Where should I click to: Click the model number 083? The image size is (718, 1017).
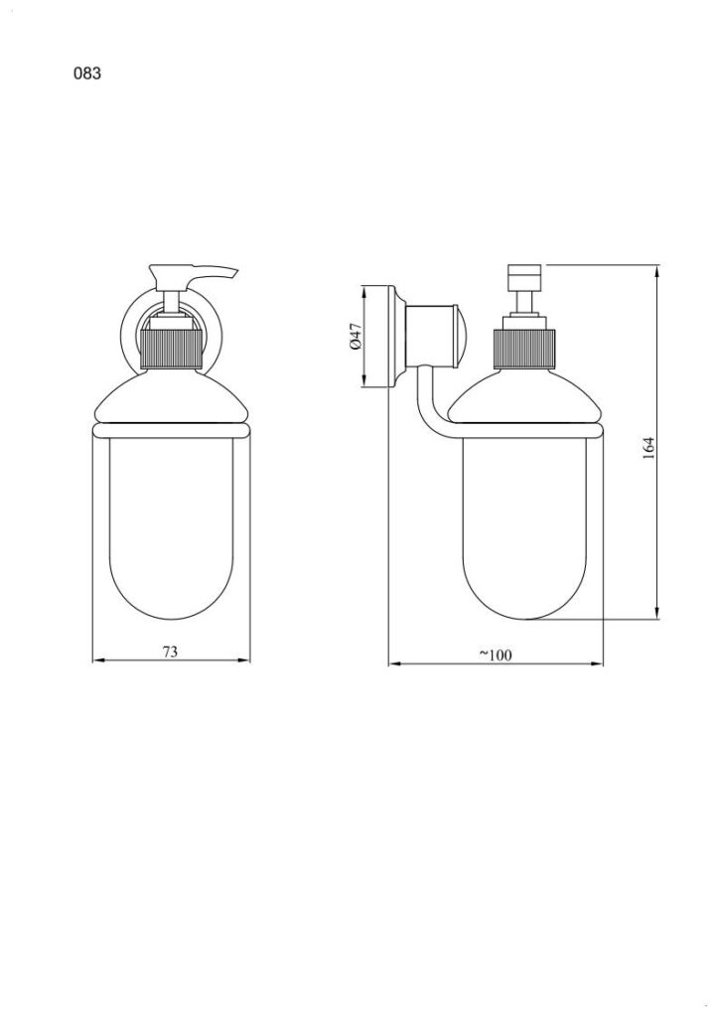(87, 73)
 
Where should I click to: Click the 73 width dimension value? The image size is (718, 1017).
(169, 652)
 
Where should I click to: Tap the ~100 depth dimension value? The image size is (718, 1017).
(496, 655)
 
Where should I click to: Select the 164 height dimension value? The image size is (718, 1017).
(647, 448)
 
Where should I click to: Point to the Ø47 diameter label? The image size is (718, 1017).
(355, 337)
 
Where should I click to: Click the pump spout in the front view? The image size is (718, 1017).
(194, 274)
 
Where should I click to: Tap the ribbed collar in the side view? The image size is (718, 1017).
(524, 349)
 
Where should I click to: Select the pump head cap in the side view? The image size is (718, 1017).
(526, 277)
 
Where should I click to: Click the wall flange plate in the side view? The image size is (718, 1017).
(393, 337)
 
